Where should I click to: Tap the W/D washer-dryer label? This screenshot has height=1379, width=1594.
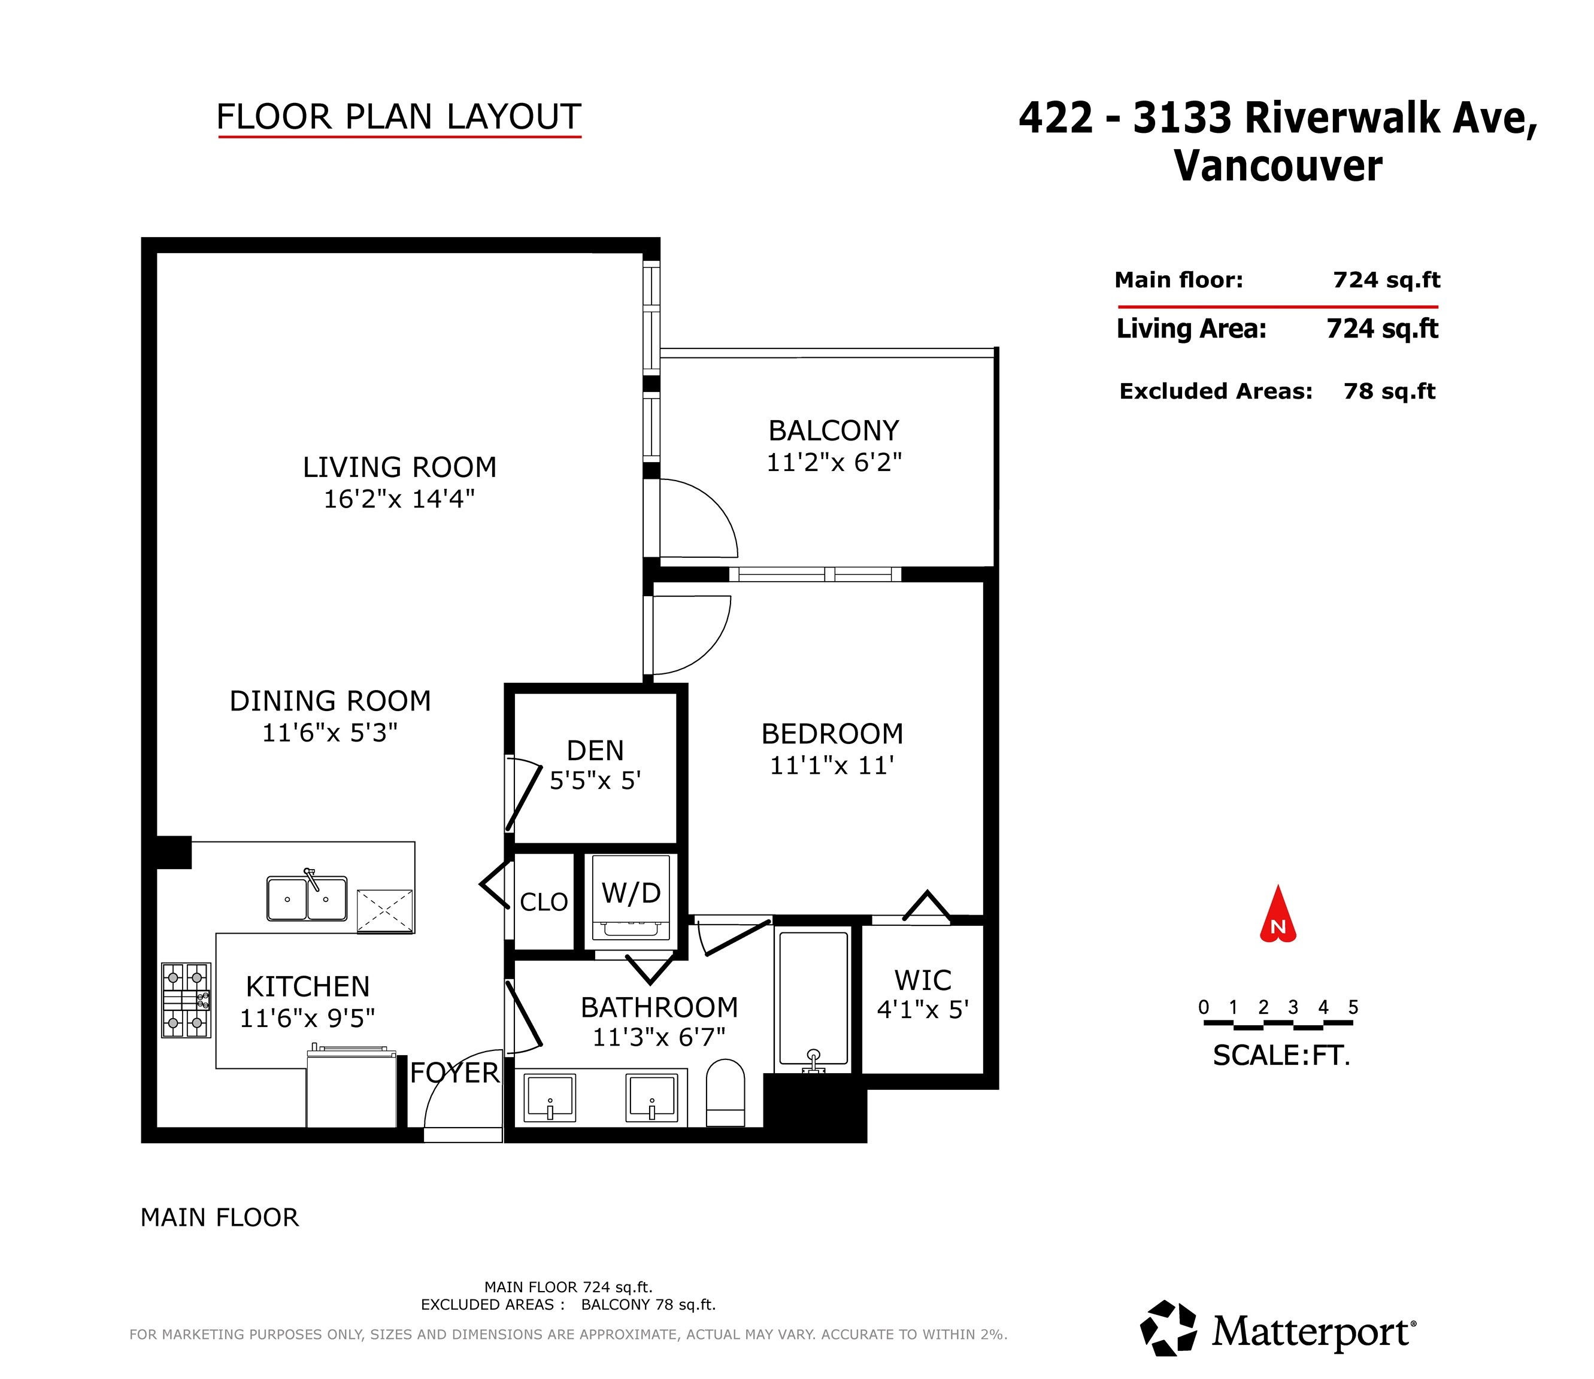(631, 894)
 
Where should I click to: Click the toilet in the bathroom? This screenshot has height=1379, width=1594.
(725, 1093)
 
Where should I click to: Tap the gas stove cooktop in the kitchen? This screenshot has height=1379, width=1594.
(186, 1000)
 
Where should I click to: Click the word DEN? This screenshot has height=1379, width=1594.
(595, 751)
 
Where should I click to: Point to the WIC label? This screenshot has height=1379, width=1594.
(923, 980)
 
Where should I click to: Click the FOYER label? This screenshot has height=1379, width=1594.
(454, 1073)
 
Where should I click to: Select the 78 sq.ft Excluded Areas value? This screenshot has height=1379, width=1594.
(1389, 391)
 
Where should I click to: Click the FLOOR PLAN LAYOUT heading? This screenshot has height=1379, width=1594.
(399, 117)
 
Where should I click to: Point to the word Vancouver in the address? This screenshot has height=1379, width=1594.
(1278, 166)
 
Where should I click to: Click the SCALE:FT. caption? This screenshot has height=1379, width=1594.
(1281, 1055)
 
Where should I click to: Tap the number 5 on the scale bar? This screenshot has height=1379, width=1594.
(1353, 1007)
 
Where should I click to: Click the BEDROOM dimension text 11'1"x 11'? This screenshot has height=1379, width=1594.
(832, 766)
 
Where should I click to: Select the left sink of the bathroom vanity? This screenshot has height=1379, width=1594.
(550, 1097)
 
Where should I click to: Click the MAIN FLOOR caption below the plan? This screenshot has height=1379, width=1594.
(219, 1217)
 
